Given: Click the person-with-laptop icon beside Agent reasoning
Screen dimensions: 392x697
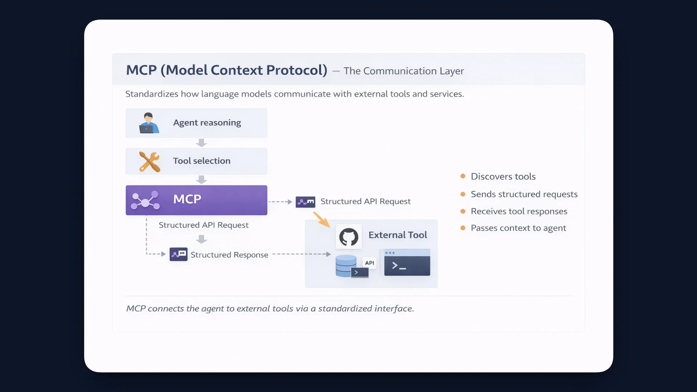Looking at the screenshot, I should (x=148, y=123).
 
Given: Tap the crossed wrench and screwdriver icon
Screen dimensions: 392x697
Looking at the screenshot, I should (x=150, y=162).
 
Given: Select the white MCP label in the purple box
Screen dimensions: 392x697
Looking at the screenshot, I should (x=187, y=199).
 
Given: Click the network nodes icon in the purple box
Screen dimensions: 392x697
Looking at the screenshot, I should (x=145, y=200).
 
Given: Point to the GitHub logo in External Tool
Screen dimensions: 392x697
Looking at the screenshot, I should (x=348, y=237).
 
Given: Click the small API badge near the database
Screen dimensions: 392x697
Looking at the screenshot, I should (x=370, y=263).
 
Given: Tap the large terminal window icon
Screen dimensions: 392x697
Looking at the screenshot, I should (x=407, y=262).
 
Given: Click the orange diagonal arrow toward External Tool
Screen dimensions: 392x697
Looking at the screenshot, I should (x=321, y=220).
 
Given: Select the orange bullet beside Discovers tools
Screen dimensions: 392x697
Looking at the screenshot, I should (x=463, y=176).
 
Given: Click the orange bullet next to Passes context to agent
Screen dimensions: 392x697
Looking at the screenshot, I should (x=463, y=228).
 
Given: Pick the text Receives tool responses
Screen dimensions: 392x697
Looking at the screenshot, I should (x=519, y=211).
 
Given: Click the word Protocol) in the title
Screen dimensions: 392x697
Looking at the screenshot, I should (x=297, y=70).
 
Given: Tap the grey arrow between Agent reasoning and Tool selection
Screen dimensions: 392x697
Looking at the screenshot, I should (x=201, y=143).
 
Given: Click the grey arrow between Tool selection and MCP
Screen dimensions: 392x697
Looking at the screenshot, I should (x=201, y=180).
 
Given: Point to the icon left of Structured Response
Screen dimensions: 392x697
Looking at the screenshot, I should (x=179, y=254).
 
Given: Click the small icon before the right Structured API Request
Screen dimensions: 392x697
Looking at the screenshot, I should (x=305, y=202).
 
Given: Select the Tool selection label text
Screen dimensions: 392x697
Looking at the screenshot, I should (x=201, y=161).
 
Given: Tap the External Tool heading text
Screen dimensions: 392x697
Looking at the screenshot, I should (x=398, y=235).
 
